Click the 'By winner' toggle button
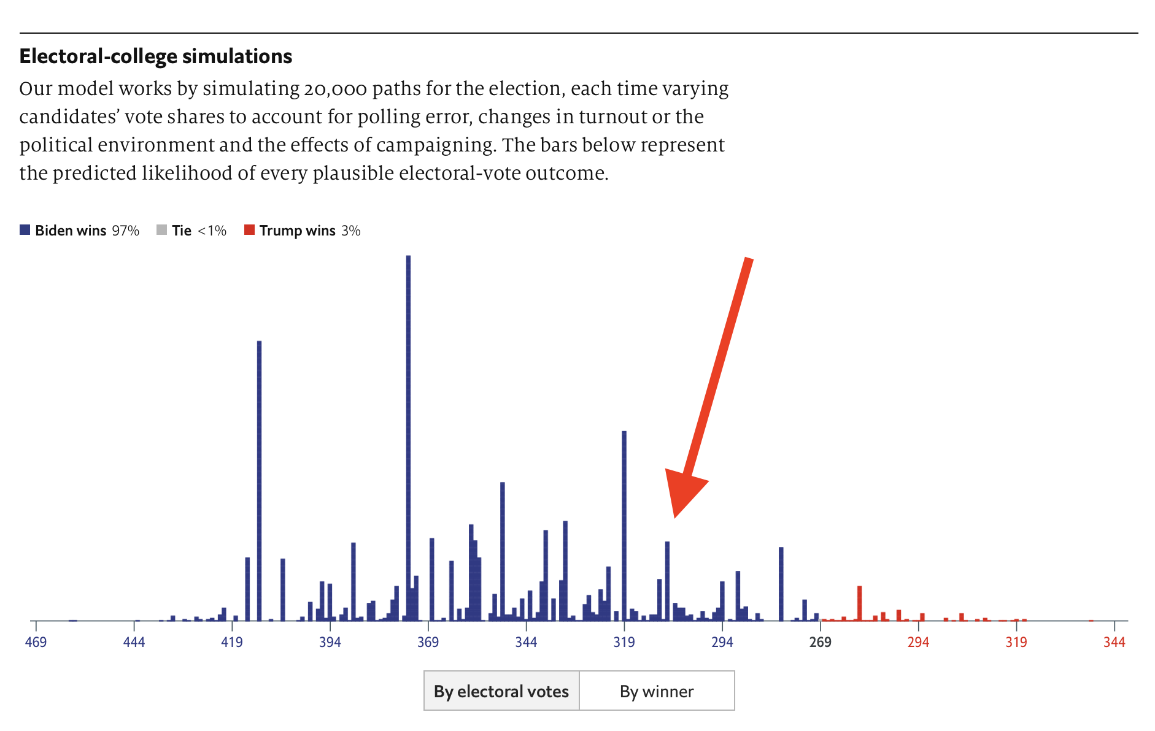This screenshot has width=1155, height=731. click(x=656, y=691)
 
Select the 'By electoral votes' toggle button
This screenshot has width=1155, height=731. click(x=501, y=691)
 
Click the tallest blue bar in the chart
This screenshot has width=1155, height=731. click(x=408, y=429)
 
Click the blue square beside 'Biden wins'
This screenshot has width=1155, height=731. click(x=25, y=230)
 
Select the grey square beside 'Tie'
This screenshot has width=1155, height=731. click(x=162, y=230)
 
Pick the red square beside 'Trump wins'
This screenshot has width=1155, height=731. click(x=249, y=230)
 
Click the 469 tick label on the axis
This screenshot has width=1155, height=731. click(x=36, y=642)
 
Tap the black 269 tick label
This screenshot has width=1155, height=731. click(x=820, y=642)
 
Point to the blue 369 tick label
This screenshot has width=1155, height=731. click(x=428, y=642)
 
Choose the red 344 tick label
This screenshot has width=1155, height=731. click(x=1114, y=642)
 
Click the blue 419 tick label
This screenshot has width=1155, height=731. click(x=232, y=642)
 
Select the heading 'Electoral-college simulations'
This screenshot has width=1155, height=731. click(x=156, y=56)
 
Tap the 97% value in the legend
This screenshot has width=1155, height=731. click(x=125, y=231)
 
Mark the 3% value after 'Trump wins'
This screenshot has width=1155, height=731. click(x=351, y=231)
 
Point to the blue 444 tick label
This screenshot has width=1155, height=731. click(x=134, y=642)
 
